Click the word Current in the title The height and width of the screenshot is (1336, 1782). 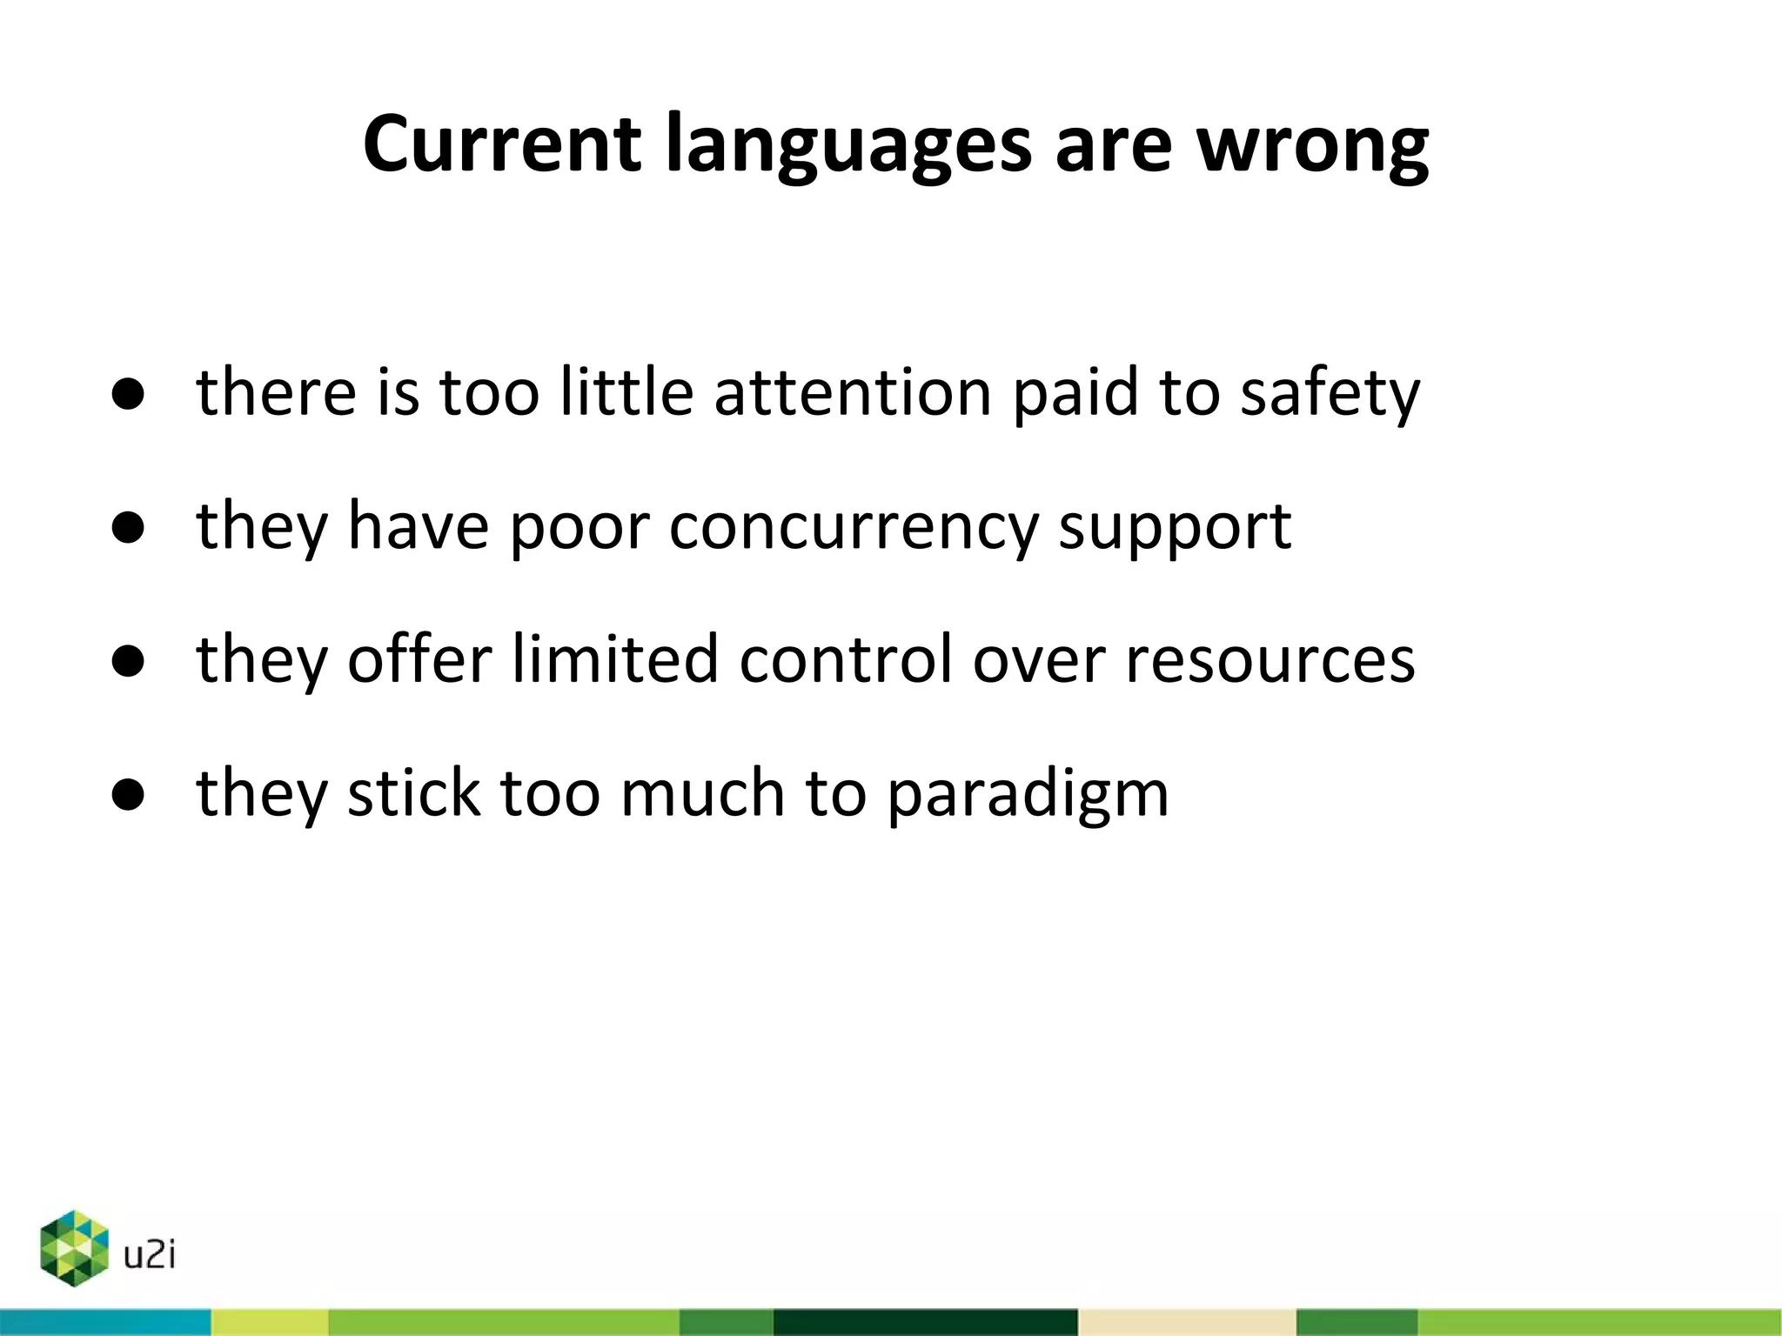pyautogui.click(x=502, y=144)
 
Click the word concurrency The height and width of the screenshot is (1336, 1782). pyautogui.click(x=853, y=528)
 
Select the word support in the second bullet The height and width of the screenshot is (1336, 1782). pyautogui.click(x=1175, y=528)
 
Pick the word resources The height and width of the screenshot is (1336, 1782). pyautogui.click(x=1270, y=659)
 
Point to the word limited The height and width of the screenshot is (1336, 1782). pyautogui.click(x=614, y=659)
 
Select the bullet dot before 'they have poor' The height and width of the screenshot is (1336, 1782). pyautogui.click(x=128, y=528)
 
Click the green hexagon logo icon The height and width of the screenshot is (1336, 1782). pyautogui.click(x=75, y=1248)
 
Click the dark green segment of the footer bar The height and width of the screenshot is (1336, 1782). pyautogui.click(x=925, y=1322)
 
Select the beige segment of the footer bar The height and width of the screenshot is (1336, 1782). pyautogui.click(x=1187, y=1322)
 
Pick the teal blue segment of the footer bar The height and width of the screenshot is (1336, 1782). pyautogui.click(x=104, y=1322)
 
